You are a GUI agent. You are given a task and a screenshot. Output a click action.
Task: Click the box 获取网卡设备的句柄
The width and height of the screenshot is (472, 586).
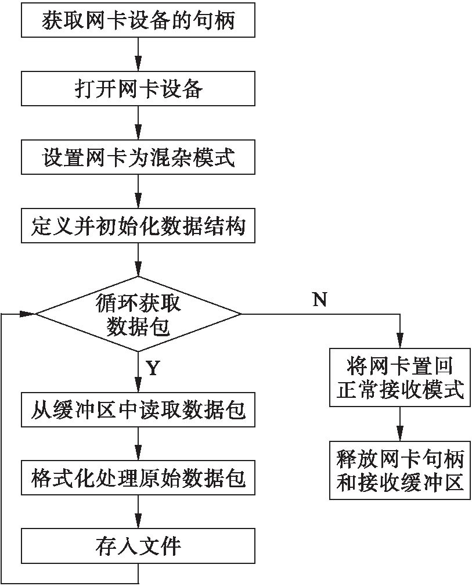click(x=138, y=20)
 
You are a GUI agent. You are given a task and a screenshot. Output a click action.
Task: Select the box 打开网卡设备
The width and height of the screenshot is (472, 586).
click(x=138, y=88)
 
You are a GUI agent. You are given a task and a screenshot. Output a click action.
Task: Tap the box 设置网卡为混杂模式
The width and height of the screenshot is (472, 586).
click(x=138, y=157)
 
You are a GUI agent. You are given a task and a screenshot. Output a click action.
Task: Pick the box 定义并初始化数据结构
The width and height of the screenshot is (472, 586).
click(x=138, y=225)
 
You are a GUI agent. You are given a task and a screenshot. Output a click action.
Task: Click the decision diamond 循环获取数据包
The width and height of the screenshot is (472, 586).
click(x=138, y=314)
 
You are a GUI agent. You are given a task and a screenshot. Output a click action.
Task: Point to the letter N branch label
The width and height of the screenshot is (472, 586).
click(x=320, y=299)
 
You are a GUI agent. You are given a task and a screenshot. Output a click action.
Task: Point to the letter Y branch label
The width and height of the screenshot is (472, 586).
click(x=153, y=368)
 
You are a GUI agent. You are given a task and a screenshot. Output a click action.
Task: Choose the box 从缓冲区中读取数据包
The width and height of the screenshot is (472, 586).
click(x=138, y=410)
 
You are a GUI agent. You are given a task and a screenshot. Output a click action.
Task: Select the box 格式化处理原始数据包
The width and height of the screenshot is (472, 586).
click(x=138, y=479)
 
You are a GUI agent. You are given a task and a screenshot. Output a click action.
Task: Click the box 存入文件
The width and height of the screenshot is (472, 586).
click(x=138, y=547)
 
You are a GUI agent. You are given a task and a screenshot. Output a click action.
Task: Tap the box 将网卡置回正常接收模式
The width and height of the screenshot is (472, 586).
click(x=399, y=379)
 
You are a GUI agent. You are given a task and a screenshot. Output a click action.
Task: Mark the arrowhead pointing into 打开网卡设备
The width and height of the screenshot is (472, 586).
click(x=138, y=67)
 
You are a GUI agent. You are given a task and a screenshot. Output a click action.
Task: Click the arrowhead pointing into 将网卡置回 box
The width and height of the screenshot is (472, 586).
click(x=399, y=342)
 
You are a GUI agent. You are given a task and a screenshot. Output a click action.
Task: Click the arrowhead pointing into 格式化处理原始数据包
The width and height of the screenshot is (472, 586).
click(x=138, y=456)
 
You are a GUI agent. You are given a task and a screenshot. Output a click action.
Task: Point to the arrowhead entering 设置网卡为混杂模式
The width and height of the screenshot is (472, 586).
click(x=138, y=135)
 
